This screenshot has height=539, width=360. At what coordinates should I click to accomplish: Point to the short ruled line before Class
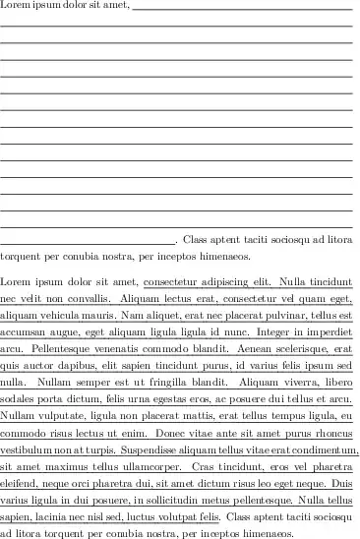88,238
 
